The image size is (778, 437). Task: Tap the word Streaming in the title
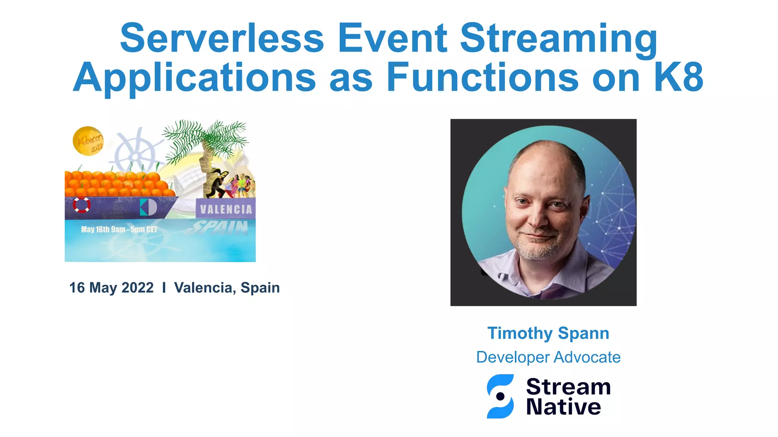[558, 38]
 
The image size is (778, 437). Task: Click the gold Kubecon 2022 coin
[88, 141]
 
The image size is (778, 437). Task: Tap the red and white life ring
[81, 205]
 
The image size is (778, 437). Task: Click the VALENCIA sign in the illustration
[226, 209]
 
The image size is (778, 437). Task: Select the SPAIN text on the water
[220, 228]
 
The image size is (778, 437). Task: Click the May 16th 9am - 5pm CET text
[119, 230]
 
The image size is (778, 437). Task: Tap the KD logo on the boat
[148, 207]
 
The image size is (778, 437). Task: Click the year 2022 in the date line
[138, 288]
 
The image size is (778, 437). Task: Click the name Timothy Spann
[548, 333]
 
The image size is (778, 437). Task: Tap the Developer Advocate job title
[548, 357]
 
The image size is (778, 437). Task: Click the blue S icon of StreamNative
[500, 396]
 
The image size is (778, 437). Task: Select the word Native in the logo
[563, 407]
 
